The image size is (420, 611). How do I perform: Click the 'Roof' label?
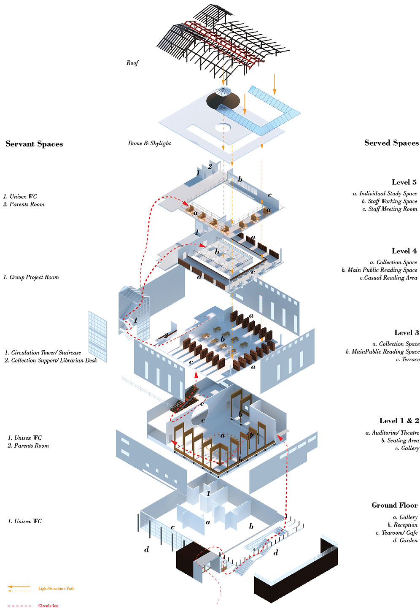click(132, 63)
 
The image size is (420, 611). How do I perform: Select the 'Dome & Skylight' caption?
click(149, 143)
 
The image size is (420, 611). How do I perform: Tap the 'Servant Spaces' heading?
click(34, 144)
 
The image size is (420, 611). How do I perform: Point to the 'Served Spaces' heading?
click(391, 143)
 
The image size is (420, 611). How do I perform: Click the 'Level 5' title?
click(404, 182)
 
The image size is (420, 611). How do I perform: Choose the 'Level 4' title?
click(404, 251)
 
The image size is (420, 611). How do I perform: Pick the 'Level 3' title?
click(407, 333)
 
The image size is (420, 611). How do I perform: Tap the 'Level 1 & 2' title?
click(399, 421)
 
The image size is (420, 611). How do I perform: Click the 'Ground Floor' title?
click(394, 505)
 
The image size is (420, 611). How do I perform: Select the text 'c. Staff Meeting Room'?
click(390, 209)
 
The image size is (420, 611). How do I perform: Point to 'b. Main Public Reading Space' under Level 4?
click(380, 270)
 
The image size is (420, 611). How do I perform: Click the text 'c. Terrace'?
click(407, 360)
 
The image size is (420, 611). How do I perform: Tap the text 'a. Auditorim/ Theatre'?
click(392, 433)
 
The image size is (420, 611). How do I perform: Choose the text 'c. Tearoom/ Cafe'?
click(396, 533)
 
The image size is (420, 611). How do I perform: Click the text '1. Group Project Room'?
click(31, 277)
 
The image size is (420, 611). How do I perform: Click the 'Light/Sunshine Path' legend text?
click(56, 589)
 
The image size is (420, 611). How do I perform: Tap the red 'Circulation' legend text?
click(48, 606)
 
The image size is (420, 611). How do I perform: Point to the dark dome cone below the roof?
click(223, 101)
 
